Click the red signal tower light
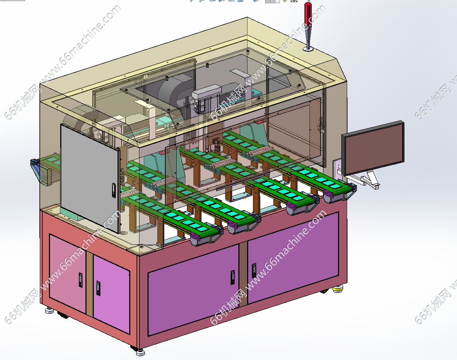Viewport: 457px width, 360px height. point(308,14)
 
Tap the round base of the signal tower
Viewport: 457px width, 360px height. point(308,49)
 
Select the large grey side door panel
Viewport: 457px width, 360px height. point(90,178)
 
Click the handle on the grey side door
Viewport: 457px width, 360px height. point(114,190)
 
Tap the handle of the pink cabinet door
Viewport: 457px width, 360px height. point(80,280)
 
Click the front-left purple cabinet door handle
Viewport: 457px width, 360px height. point(233,278)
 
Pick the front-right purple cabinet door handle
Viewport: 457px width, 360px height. point(254,271)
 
